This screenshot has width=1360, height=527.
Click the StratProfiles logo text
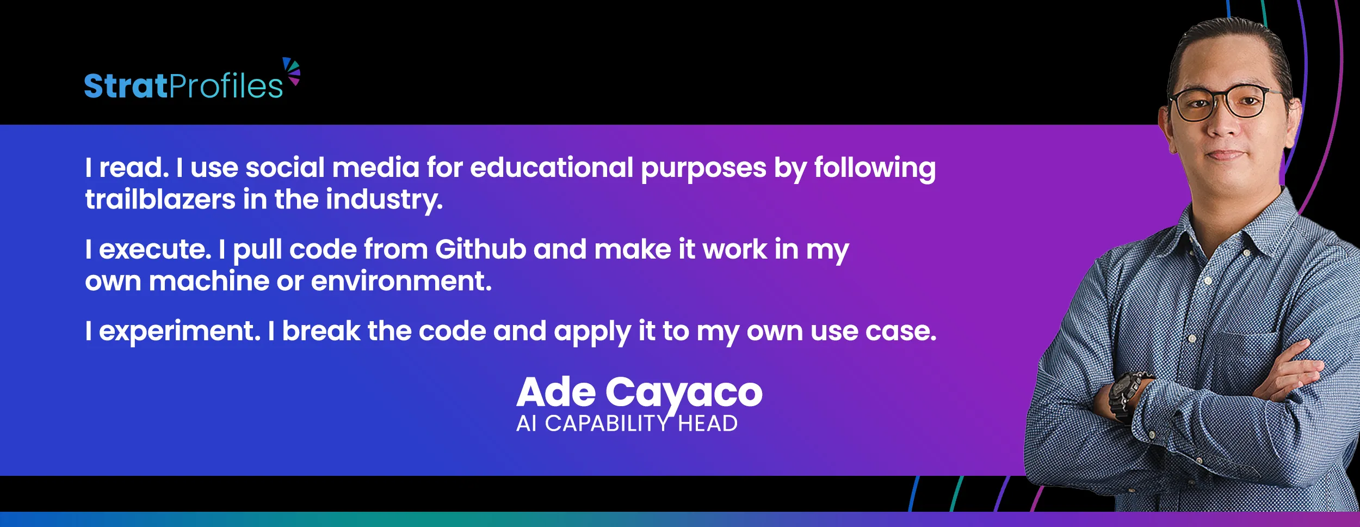[183, 86]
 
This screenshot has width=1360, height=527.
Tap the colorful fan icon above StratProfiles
[292, 71]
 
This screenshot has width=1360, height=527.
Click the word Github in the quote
[480, 249]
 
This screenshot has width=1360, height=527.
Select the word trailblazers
[160, 199]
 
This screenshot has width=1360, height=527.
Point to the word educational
[552, 167]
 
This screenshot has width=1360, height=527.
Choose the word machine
[209, 281]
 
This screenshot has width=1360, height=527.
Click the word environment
[401, 281]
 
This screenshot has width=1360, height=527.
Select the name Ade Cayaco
[639, 394]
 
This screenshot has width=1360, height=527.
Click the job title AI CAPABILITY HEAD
[627, 424]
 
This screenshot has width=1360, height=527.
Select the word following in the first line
[875, 168]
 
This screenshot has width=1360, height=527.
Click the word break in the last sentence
[321, 331]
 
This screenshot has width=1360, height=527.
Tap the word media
[376, 167]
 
